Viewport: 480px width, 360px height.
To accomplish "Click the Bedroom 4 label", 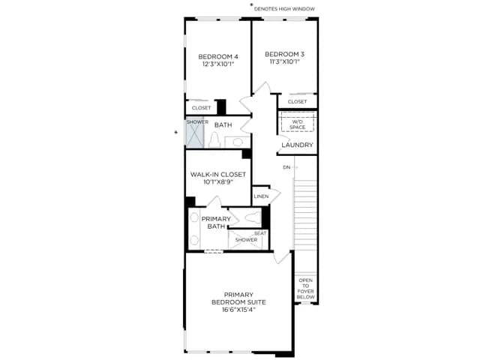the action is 218,57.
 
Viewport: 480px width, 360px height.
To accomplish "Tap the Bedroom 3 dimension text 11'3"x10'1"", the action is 284,61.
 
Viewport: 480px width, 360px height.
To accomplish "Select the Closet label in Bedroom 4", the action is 201,108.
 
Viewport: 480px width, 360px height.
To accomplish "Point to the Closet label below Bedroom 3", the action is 297,102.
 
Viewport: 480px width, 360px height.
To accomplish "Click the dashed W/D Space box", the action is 298,122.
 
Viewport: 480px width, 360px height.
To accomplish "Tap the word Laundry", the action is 297,145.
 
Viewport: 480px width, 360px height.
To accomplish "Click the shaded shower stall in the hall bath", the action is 195,133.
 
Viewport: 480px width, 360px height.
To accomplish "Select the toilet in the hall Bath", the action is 214,140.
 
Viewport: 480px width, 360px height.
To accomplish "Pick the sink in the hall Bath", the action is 238,142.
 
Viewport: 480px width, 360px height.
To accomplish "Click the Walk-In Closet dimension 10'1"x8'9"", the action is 218,182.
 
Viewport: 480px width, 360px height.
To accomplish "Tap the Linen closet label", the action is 261,196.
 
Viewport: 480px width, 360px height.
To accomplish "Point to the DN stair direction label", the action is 286,167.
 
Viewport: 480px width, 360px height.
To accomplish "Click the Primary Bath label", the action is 216,223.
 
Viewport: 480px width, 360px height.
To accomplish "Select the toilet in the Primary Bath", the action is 253,217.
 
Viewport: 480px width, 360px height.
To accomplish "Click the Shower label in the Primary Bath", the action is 246,240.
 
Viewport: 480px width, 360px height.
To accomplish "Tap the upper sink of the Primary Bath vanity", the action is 194,217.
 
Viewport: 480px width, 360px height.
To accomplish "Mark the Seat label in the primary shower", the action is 260,233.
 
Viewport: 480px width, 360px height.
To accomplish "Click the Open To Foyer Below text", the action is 305,289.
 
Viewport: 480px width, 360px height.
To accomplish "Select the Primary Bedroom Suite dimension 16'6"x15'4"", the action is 238,310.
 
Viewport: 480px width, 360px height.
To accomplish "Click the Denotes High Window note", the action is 284,9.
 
